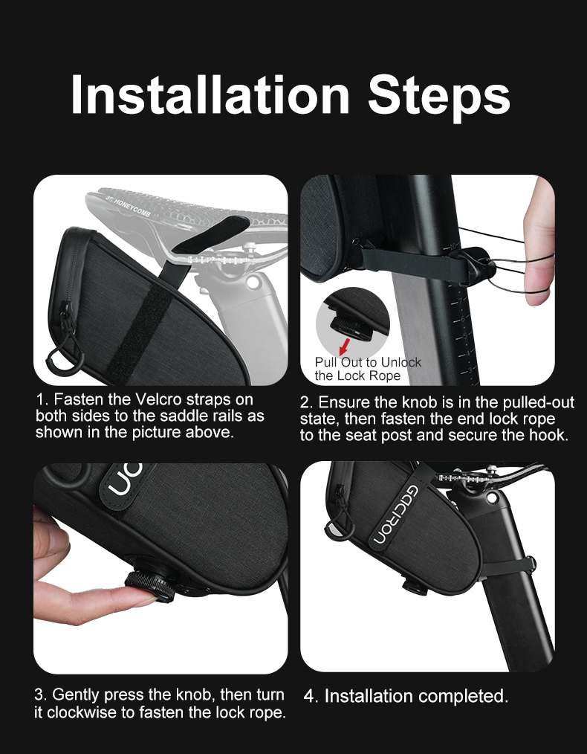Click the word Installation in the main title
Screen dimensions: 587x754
(x=210, y=94)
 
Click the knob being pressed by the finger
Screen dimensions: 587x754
(x=148, y=582)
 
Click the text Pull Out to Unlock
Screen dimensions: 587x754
(x=368, y=361)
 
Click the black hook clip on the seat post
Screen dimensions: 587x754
(x=476, y=265)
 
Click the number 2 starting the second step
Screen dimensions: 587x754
(x=304, y=402)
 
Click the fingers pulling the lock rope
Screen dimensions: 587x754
(x=539, y=243)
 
